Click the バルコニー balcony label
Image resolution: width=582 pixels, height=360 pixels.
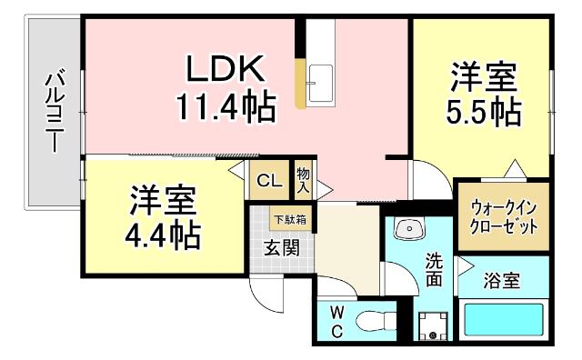coord(54,115)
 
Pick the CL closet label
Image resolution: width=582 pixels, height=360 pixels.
coord(269,180)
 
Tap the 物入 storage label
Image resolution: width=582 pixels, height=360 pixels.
coord(303,180)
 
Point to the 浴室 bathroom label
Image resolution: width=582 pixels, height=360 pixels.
coord(501,281)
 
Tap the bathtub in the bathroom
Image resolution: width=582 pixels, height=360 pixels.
coord(503,320)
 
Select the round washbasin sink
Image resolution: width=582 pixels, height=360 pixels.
coord(406,230)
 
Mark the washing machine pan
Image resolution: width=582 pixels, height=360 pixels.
coord(433,325)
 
